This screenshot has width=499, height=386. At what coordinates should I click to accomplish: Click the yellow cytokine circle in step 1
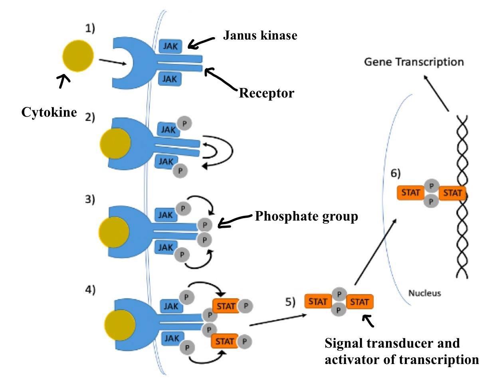point(78,56)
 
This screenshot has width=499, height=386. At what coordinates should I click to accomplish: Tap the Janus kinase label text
point(260,36)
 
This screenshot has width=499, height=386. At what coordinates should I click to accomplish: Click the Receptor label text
point(266,93)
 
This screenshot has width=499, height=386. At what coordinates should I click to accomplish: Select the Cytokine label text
point(49,112)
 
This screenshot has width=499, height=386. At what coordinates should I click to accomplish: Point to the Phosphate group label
point(306,216)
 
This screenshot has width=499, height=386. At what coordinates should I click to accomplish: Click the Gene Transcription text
point(414,62)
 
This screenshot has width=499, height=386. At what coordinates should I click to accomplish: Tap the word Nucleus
point(424,293)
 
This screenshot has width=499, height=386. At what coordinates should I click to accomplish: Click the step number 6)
point(395,173)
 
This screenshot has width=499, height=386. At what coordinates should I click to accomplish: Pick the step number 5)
point(290,302)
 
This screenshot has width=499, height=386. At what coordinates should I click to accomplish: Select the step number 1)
point(90,28)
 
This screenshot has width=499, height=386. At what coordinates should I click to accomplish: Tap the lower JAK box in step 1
point(170,79)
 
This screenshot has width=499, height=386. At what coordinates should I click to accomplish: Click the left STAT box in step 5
point(318,302)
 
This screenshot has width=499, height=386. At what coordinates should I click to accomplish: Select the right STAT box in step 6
point(452,193)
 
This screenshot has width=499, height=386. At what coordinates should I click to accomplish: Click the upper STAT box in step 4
point(226,306)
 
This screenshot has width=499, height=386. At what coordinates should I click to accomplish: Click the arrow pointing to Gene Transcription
point(436,92)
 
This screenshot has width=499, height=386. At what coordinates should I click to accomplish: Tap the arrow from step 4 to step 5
point(277,320)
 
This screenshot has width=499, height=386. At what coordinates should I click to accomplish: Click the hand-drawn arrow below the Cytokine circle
point(63,82)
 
